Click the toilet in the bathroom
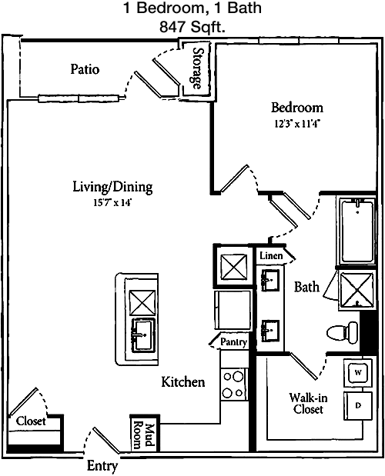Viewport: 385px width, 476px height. click(343, 332)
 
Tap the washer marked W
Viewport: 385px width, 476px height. click(358, 373)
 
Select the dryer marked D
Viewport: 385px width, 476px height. click(358, 405)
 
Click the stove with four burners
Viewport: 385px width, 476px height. click(234, 384)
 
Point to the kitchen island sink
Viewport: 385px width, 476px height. click(143, 335)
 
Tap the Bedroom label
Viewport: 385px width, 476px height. click(297, 108)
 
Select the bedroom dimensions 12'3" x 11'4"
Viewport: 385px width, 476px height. click(297, 124)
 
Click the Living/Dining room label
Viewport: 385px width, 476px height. click(112, 187)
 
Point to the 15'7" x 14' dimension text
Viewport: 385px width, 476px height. click(112, 203)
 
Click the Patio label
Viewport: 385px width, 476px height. click(85, 69)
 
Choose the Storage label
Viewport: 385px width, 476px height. click(197, 68)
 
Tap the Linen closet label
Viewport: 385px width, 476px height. click(271, 255)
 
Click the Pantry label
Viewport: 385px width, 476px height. click(233, 342)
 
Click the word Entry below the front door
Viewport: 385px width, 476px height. click(102, 466)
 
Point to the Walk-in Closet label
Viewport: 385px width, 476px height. click(308, 403)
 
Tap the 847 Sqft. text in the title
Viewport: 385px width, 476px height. click(192, 28)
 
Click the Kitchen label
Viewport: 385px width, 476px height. click(183, 381)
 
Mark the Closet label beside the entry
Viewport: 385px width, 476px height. click(31, 421)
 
